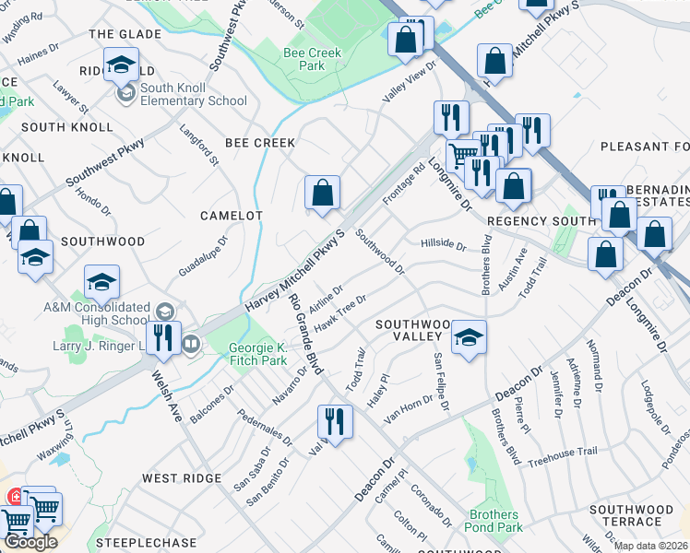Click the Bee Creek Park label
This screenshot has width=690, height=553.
pyautogui.click(x=312, y=59)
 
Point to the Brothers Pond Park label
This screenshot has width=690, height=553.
pyautogui.click(x=495, y=521)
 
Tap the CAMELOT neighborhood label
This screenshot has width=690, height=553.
pyautogui.click(x=232, y=215)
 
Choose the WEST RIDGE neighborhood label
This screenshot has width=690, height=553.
pyautogui.click(x=182, y=478)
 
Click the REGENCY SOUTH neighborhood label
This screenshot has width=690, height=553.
pyautogui.click(x=542, y=221)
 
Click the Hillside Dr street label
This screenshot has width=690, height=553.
pyautogui.click(x=444, y=244)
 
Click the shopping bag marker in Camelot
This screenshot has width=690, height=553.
pyautogui.click(x=323, y=194)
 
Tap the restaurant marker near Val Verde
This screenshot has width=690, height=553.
pyautogui.click(x=335, y=422)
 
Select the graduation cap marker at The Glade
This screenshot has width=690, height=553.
pyautogui.click(x=120, y=65)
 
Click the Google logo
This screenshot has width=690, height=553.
pyautogui.click(x=30, y=542)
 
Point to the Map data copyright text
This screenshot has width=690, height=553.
pyautogui.click(x=650, y=546)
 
